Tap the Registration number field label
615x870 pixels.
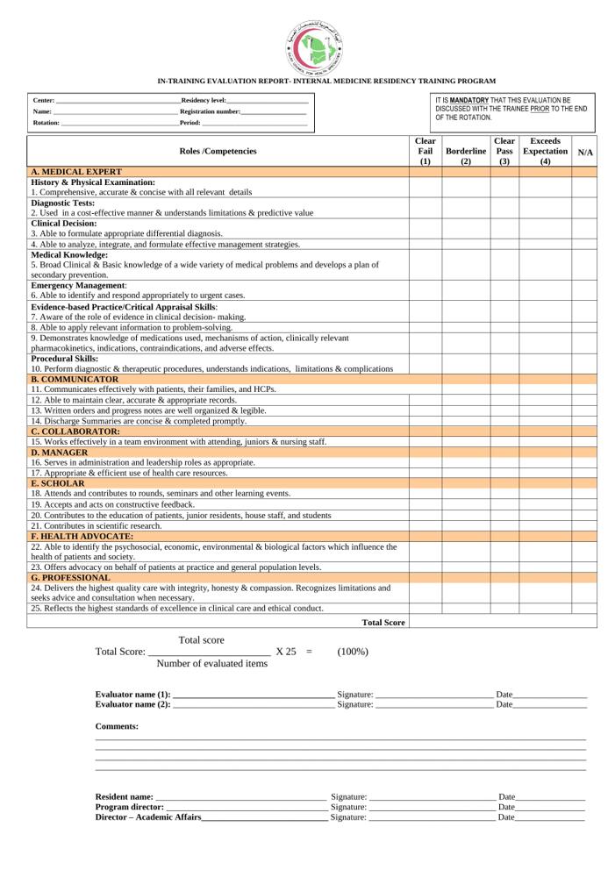tap(210, 112)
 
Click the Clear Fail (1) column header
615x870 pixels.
tap(425, 151)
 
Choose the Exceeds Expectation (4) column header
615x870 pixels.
tap(545, 151)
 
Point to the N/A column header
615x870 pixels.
tap(584, 152)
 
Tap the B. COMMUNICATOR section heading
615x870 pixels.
tap(75, 380)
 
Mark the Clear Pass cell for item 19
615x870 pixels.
tap(504, 505)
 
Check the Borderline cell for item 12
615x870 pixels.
tap(466, 400)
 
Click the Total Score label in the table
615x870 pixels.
tap(383, 623)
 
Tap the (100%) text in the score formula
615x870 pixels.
tap(352, 652)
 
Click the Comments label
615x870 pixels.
tap(117, 726)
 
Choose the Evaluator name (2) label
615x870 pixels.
tap(132, 704)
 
